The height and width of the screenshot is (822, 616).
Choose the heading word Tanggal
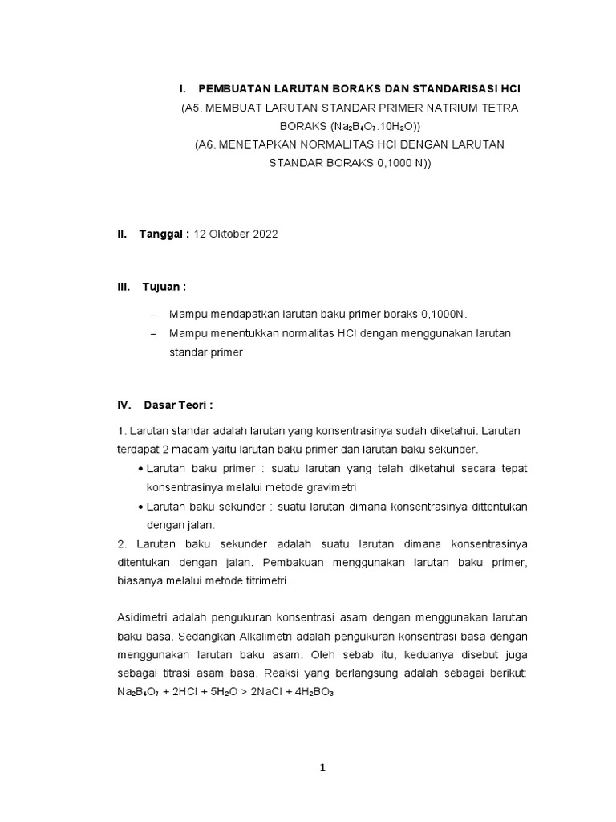click(x=163, y=234)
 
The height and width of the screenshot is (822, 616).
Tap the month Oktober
click(x=228, y=234)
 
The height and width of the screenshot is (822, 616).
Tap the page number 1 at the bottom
click(x=323, y=767)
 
